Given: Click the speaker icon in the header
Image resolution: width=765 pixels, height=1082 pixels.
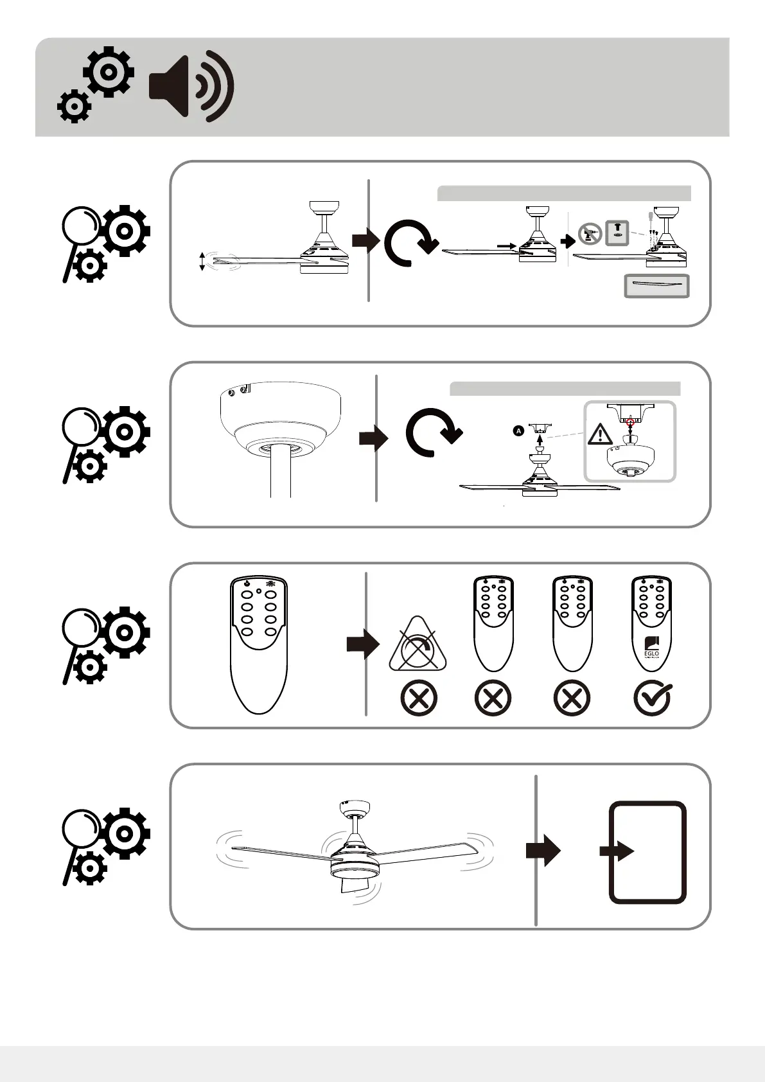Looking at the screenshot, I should (x=191, y=87).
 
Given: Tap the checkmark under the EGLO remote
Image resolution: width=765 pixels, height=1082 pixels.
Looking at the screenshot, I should (x=652, y=697).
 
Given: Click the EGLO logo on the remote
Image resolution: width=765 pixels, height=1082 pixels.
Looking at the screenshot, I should (x=651, y=648).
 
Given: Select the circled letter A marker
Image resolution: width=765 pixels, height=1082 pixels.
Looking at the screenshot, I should (x=518, y=431).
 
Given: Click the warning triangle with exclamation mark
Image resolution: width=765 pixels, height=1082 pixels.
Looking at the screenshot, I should (x=600, y=434).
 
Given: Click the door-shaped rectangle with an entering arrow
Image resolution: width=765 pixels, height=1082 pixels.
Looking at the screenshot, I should (x=647, y=852).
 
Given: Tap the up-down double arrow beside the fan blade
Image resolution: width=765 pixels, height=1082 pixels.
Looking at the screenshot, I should (x=202, y=262).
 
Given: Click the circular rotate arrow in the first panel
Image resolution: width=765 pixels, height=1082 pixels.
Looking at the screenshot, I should (x=409, y=242).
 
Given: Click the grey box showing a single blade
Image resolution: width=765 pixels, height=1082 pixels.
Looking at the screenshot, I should (x=656, y=286).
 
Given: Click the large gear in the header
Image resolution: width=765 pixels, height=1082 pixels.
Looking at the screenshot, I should (x=109, y=72).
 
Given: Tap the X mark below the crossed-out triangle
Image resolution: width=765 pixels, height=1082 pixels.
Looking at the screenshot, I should (x=418, y=698).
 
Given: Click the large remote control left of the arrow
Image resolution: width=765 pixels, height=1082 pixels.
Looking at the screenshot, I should (x=258, y=644).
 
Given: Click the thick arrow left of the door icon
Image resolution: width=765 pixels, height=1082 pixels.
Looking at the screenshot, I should (x=543, y=851).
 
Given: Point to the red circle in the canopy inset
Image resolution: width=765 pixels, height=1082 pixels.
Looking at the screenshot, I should (x=630, y=422).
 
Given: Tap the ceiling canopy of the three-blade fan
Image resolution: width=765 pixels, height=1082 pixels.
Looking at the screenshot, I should (x=354, y=808).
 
